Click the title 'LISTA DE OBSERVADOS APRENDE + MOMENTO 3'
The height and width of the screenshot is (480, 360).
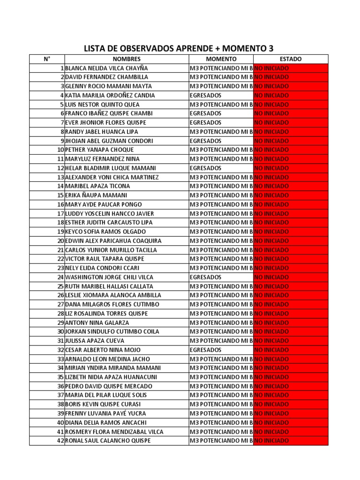[x=178, y=48]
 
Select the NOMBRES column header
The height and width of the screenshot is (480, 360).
[x=127, y=59]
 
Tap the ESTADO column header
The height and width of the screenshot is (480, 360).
[x=291, y=59]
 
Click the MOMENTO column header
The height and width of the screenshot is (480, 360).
[x=221, y=59]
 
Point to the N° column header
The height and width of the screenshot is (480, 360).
[x=47, y=59]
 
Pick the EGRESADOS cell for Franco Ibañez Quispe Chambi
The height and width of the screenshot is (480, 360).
[x=206, y=113]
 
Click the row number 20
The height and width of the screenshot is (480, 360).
[x=60, y=240]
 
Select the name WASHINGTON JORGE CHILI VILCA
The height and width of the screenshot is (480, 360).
[x=110, y=277]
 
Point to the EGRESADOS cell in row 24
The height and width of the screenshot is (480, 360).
[x=206, y=277]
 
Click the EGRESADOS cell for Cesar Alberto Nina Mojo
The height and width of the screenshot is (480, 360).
[x=206, y=350]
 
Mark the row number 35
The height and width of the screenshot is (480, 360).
[x=60, y=377]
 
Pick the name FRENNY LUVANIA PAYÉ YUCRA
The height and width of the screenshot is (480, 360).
[x=105, y=413]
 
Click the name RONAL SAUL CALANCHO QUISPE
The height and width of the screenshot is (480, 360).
[x=108, y=441]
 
